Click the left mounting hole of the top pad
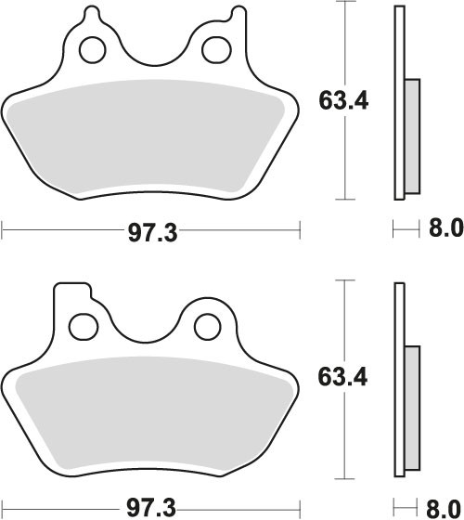(x=93, y=50)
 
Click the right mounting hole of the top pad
(x=215, y=50)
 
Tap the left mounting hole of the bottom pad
(x=84, y=327)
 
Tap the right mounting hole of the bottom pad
(x=208, y=327)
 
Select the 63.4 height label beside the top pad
(x=343, y=100)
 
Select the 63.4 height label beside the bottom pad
(x=342, y=377)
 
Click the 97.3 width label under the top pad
(x=153, y=232)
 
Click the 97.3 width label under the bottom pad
(x=151, y=508)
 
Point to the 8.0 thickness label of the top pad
(x=445, y=228)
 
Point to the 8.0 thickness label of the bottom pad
(x=445, y=508)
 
